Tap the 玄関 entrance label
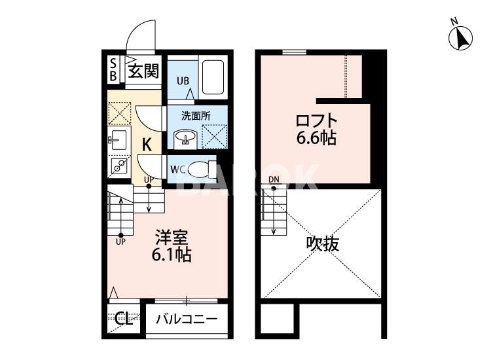[x=143, y=70]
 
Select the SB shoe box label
[x=113, y=70]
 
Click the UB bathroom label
[x=183, y=81]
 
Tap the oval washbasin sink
[x=186, y=138]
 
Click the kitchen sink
[x=118, y=139]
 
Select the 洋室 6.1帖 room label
[x=173, y=245]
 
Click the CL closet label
[x=123, y=319]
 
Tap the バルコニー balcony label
[x=187, y=321]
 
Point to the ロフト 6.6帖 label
[x=316, y=129]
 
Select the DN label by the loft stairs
[x=273, y=181]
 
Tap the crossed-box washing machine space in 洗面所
[x=214, y=136]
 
